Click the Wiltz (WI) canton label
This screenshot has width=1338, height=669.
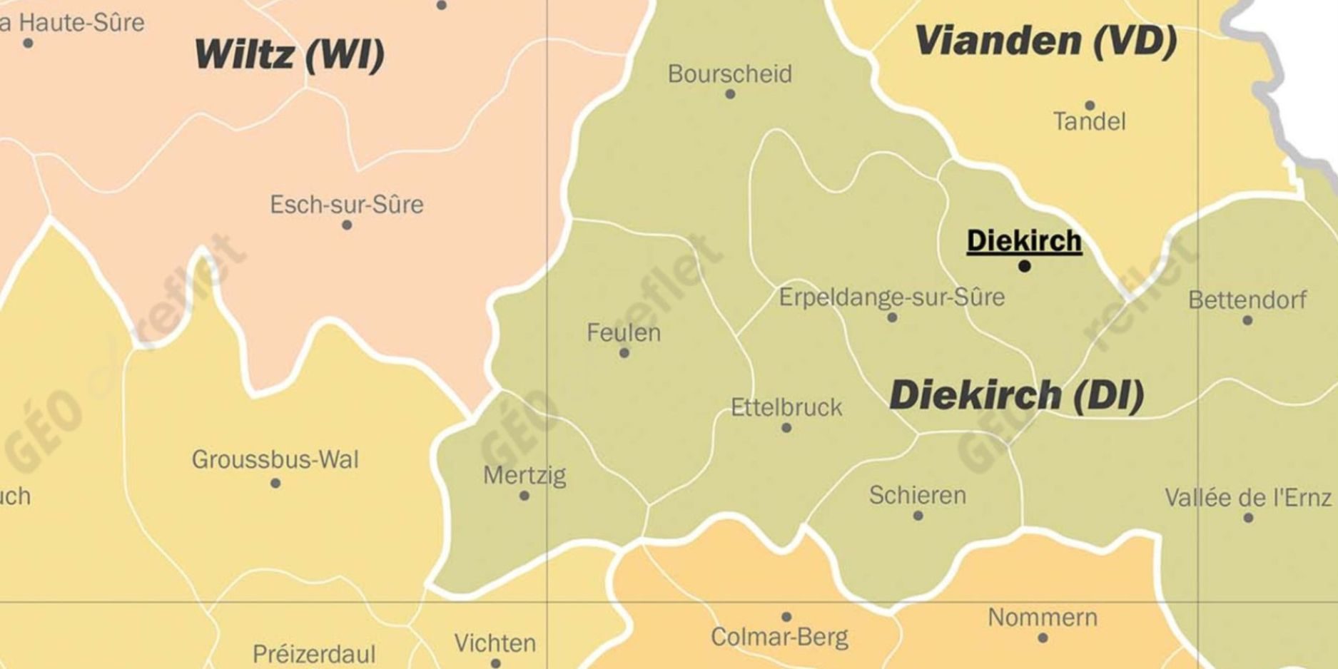(289, 55)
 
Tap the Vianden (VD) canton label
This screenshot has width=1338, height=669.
(1045, 41)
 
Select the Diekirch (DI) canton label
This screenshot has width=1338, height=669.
(1016, 395)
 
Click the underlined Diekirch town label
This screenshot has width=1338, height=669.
(1024, 241)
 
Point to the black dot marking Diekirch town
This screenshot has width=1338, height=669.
(1025, 267)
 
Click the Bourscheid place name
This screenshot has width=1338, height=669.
(729, 73)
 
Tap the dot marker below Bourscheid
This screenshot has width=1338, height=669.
(730, 94)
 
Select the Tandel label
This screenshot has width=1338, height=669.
(1089, 121)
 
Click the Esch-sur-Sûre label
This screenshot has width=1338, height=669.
(346, 205)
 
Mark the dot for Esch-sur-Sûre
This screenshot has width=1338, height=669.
(347, 225)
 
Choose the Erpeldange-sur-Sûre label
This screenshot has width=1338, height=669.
(891, 297)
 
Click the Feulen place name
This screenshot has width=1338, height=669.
(624, 332)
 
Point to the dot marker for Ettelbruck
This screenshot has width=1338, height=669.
(786, 428)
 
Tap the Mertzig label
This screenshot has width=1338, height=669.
(524, 475)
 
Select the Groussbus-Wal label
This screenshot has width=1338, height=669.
(275, 459)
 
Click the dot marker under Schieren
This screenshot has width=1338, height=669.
(918, 516)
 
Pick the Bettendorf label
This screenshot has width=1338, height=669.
(1247, 300)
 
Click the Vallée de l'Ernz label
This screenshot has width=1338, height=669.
(1248, 497)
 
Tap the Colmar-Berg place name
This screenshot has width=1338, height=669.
(779, 637)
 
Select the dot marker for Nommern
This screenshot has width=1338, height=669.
(1043, 638)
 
